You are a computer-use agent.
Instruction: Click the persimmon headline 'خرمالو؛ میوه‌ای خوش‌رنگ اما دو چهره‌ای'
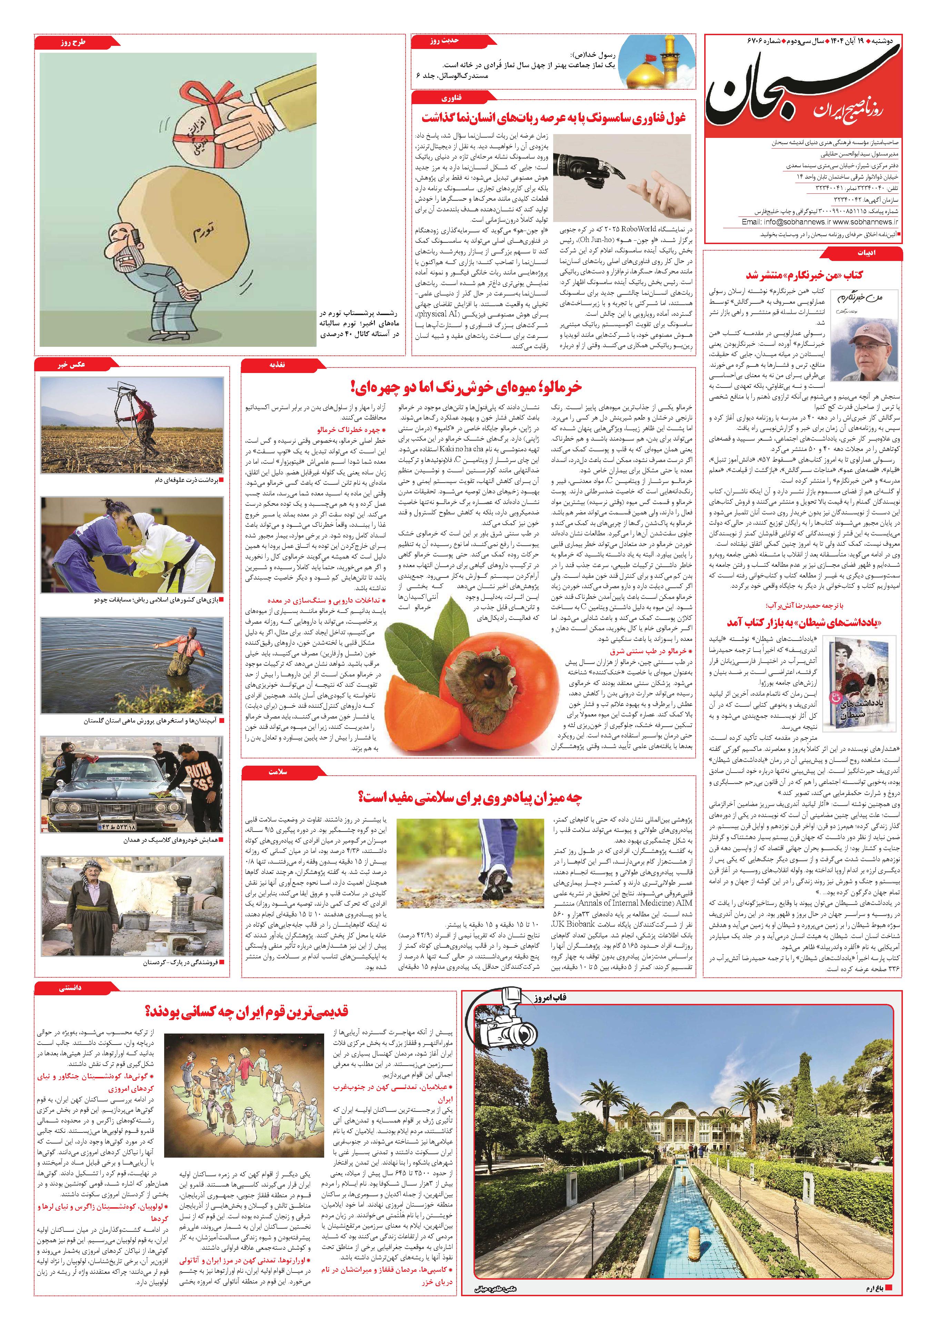467,387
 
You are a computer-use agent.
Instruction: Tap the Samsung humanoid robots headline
554,118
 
